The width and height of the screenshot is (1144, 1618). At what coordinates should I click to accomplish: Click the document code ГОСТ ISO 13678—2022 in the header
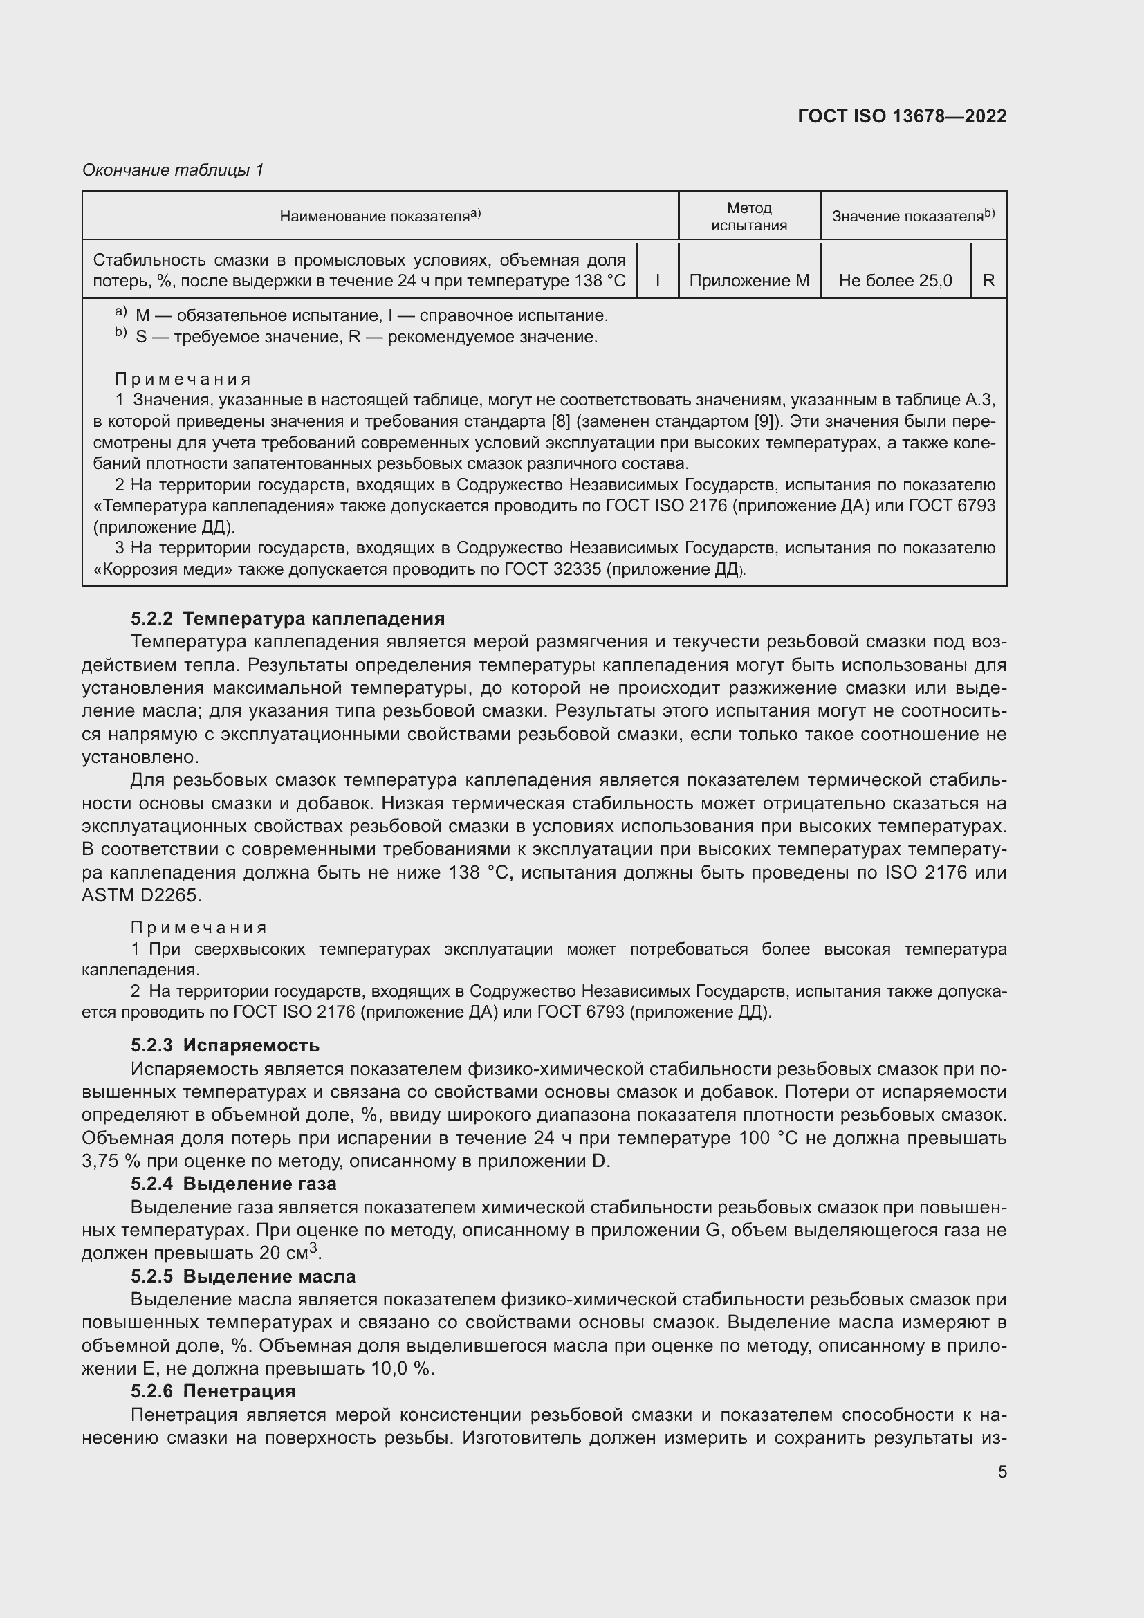(x=902, y=116)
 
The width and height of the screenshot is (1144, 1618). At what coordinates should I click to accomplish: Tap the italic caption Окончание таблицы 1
(x=173, y=170)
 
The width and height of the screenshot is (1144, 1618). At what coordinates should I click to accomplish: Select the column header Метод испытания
(x=749, y=217)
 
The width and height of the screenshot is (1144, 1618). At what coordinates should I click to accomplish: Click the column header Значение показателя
(x=913, y=216)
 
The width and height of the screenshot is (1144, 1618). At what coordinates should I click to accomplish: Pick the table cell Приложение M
(x=749, y=280)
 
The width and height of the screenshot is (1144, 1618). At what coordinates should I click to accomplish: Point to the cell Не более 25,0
(x=894, y=280)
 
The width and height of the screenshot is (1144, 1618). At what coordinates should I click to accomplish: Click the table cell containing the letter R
(x=988, y=280)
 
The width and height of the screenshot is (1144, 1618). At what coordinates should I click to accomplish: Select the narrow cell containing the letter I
(x=657, y=280)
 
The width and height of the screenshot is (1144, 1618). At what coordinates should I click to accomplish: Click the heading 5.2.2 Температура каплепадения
(x=288, y=618)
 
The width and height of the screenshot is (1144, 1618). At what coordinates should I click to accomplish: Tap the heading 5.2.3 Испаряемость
(x=225, y=1045)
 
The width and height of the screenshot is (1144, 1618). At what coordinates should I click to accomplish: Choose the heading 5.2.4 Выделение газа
(x=233, y=1183)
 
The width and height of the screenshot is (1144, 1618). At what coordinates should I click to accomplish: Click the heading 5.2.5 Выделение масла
(x=243, y=1276)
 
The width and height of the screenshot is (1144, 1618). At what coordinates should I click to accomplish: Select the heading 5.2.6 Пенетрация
(x=213, y=1391)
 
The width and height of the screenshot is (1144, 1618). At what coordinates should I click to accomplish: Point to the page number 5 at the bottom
(x=1002, y=1471)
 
